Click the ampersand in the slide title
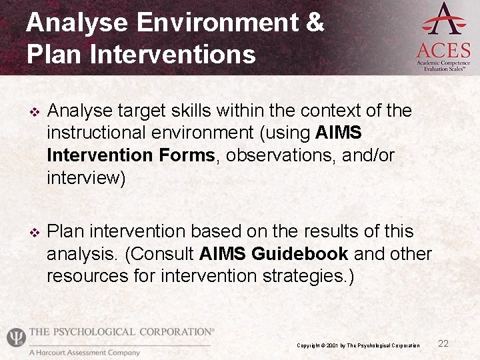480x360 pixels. point(314,23)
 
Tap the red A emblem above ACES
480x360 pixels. point(443,19)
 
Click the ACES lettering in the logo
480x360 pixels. point(443,49)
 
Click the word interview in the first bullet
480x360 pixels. point(83,178)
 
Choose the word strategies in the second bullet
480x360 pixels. point(297,276)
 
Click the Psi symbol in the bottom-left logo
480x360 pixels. point(15,337)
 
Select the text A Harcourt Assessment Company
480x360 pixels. point(84,352)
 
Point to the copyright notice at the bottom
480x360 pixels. point(358,345)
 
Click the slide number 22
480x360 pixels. point(443,343)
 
